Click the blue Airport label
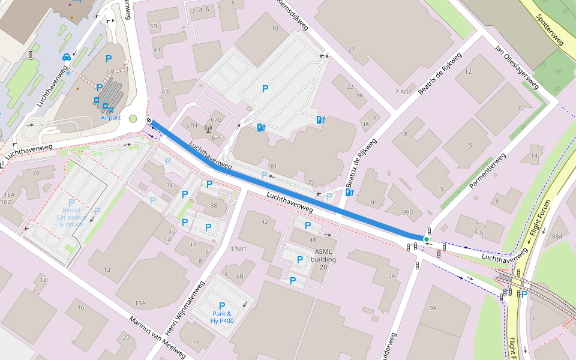pyautogui.click(x=110, y=118)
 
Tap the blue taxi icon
pyautogui.click(x=66, y=58)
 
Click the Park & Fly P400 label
pyautogui.click(x=222, y=317)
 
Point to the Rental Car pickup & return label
pyautogui.click(x=71, y=217)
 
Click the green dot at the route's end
pyautogui.click(x=427, y=239)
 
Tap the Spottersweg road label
pyautogui.click(x=550, y=30)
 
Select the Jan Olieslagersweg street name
pyautogui.click(x=516, y=67)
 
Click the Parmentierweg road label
pyautogui.click(x=487, y=170)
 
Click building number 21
pyautogui.click(x=352, y=49)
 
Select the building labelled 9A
pyautogui.click(x=433, y=308)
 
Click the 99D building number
pyautogui.click(x=408, y=212)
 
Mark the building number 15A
pyautogui.click(x=140, y=304)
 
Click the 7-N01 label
pyautogui.click(x=404, y=92)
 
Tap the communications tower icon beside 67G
pyautogui.click(x=208, y=128)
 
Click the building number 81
pyautogui.click(x=275, y=166)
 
